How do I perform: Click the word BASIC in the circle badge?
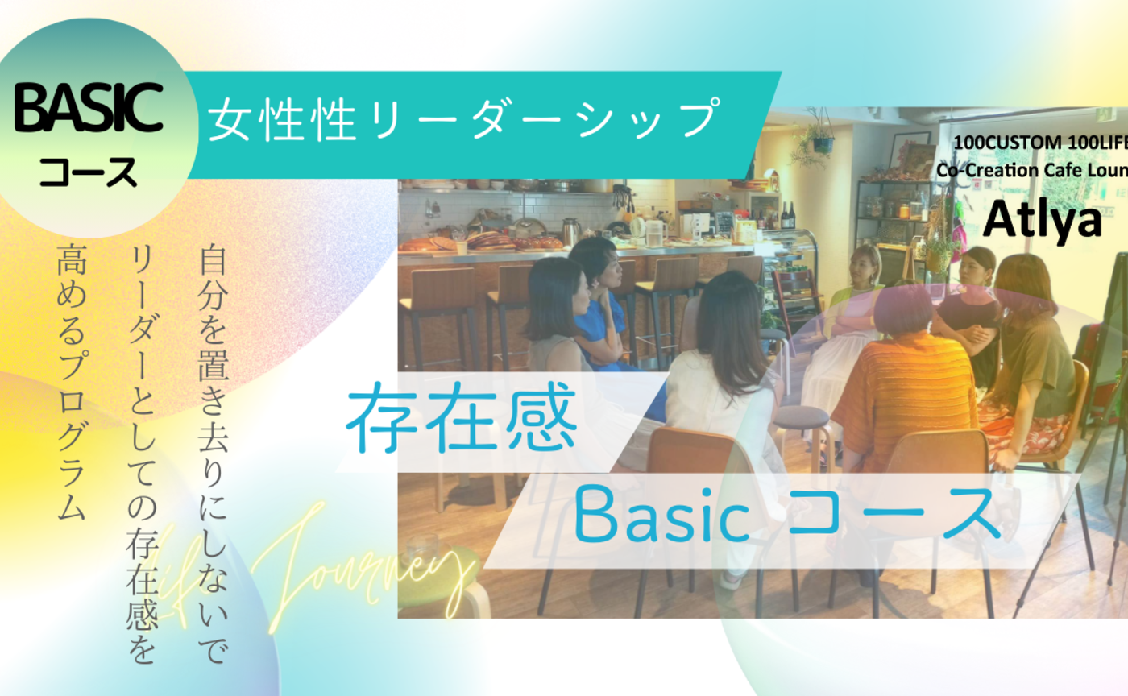click(89, 110)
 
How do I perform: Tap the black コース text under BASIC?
click(89, 172)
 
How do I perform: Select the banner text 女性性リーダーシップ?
click(464, 118)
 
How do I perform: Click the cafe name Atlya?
click(1042, 218)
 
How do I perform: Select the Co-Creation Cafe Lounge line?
click(1031, 170)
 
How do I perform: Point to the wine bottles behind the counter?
click(787, 215)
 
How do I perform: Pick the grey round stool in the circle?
click(801, 419)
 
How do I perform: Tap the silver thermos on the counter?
click(570, 231)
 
